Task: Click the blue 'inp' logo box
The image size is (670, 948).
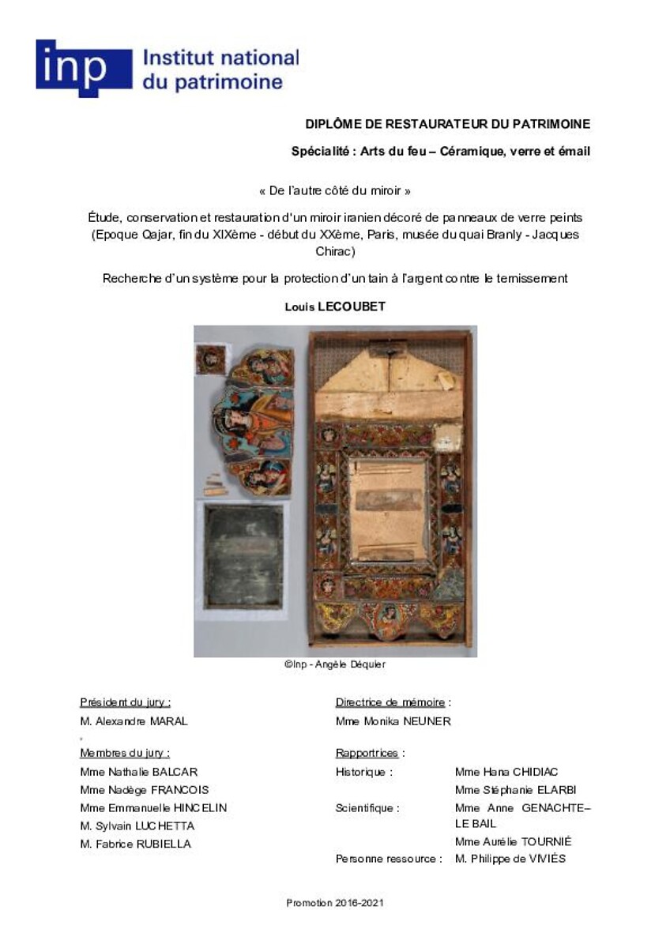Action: click(x=84, y=68)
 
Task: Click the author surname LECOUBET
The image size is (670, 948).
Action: click(x=352, y=307)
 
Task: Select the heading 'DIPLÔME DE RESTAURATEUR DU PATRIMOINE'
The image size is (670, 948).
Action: click(x=448, y=124)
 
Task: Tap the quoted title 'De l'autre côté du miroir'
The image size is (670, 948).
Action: click(x=335, y=190)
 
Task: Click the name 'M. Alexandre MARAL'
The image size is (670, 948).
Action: click(x=134, y=720)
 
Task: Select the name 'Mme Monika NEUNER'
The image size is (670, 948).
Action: click(x=393, y=720)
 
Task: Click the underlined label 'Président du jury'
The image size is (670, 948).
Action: click(x=125, y=702)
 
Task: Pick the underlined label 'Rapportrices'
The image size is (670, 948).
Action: click(x=367, y=754)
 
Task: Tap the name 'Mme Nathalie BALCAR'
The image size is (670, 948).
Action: click(x=139, y=772)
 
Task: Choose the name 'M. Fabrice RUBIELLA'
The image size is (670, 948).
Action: click(x=136, y=844)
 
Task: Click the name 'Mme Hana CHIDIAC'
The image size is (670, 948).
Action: click(x=506, y=772)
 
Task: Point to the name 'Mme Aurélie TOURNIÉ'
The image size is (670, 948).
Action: click(x=514, y=841)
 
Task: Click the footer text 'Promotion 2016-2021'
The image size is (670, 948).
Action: click(x=335, y=903)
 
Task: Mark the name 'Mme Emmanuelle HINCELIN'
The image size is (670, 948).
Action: click(x=153, y=807)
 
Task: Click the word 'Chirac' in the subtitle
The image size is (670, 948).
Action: click(x=335, y=251)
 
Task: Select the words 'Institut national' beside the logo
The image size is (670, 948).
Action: click(x=220, y=58)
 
